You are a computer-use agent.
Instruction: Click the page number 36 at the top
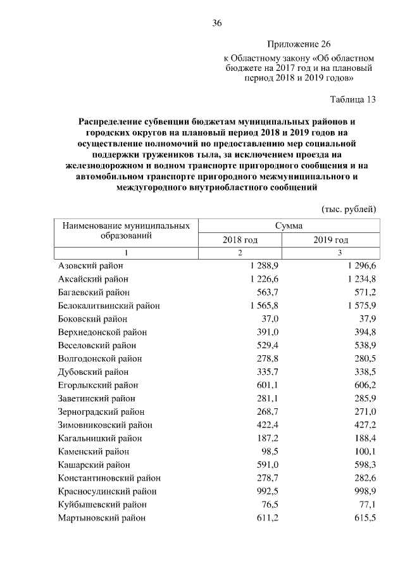[216, 23]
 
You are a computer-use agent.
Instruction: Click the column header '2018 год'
[240, 240]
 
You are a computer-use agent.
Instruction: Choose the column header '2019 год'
[331, 240]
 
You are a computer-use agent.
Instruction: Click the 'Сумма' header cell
[289, 225]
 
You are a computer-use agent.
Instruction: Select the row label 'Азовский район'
[90, 266]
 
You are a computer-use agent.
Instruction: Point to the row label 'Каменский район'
[93, 452]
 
